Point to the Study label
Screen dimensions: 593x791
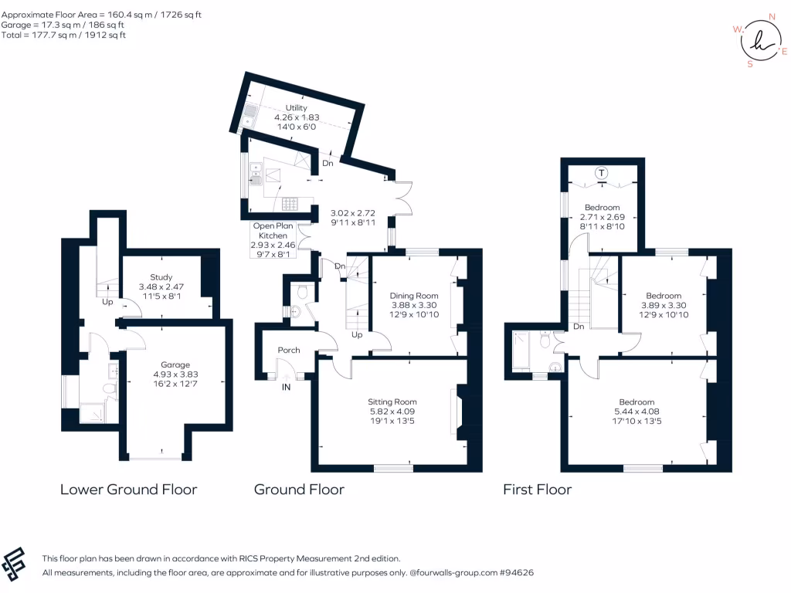[x=161, y=277]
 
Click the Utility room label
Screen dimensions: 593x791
[x=297, y=108]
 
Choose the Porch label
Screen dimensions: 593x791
[x=289, y=351]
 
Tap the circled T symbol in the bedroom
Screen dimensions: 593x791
[x=601, y=173]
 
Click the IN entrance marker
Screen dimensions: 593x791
[x=286, y=387]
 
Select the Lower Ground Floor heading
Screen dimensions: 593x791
[x=128, y=490]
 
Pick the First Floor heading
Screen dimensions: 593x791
[x=537, y=490]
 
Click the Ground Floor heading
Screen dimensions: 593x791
[x=299, y=490]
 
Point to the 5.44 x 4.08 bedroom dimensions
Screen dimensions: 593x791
[x=637, y=412]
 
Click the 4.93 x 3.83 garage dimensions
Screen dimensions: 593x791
[x=175, y=375]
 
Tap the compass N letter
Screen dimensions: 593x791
[x=772, y=16]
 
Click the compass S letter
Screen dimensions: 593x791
[x=749, y=65]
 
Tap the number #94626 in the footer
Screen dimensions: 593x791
[x=516, y=573]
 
